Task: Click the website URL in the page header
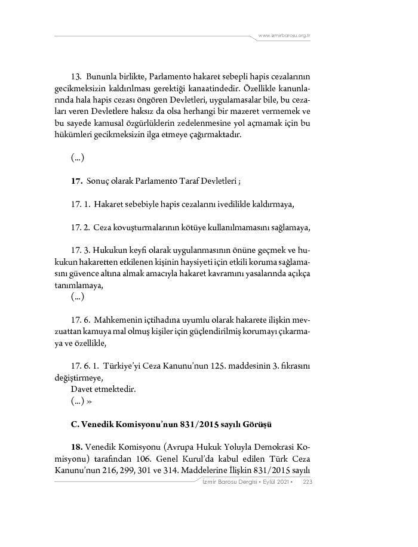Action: coord(284,36)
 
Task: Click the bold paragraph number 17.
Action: coord(76,181)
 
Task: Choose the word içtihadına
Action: coord(169,320)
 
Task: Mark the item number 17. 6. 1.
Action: coord(84,366)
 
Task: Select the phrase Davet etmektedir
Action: coord(103,390)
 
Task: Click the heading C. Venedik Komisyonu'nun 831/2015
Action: coord(171,425)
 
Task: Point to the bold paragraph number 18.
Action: coord(77,447)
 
